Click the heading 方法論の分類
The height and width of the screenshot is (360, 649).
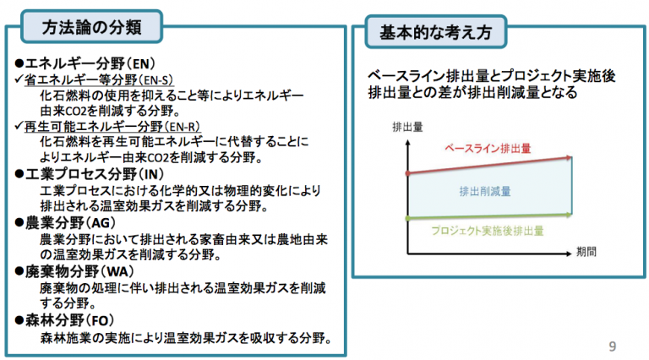tap(91, 27)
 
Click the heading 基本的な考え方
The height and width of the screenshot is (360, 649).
tap(435, 32)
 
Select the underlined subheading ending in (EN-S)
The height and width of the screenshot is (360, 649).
tap(99, 79)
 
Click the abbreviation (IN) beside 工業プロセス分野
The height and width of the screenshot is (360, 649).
tap(150, 174)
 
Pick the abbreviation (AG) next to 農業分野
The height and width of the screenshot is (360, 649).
tap(101, 222)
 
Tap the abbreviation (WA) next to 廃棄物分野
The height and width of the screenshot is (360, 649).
tap(117, 271)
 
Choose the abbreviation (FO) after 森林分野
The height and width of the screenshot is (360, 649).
tap(99, 320)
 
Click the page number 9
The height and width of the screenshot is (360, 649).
tap(613, 346)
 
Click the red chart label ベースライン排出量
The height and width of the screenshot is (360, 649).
tap(488, 149)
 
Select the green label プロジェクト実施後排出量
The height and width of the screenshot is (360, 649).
tap(487, 231)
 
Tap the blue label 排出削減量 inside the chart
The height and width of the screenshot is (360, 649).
tap(485, 191)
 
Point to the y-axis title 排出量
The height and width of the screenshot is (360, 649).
tap(407, 127)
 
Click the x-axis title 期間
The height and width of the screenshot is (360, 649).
tap(586, 252)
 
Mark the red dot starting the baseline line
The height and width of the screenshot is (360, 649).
tap(407, 173)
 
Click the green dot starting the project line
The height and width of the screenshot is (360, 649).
tap(407, 218)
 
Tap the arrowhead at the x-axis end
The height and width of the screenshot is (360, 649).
tap(569, 254)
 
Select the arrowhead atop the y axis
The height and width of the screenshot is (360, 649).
tap(407, 142)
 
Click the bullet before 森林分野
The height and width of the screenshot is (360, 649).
tap(19, 320)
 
